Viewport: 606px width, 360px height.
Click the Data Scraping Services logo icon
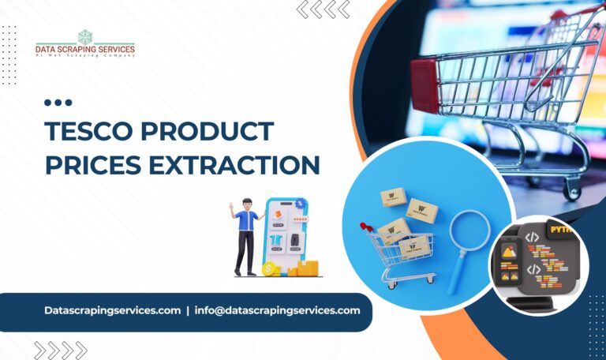[x=85, y=36]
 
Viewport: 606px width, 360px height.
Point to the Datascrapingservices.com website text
[x=113, y=310]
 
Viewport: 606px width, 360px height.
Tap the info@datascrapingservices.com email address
[x=279, y=310]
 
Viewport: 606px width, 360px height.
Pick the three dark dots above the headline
[x=58, y=103]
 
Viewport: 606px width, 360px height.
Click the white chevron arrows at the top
[x=324, y=9]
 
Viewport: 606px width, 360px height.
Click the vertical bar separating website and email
[x=188, y=310]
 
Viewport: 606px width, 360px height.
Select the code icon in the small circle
[x=533, y=236]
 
